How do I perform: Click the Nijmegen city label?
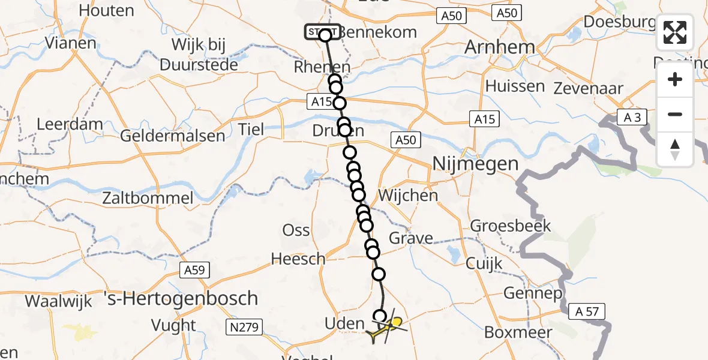(475, 164)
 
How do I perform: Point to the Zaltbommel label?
(148, 199)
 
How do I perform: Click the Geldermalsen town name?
(173, 136)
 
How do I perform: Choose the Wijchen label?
(408, 195)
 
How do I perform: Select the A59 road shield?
(195, 271)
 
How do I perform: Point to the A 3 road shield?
(632, 118)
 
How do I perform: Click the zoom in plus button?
(675, 79)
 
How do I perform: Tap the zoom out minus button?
(675, 114)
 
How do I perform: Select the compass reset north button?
(675, 149)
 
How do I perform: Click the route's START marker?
(323, 32)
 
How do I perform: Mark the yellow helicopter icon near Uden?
(386, 328)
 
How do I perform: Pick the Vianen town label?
(70, 43)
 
